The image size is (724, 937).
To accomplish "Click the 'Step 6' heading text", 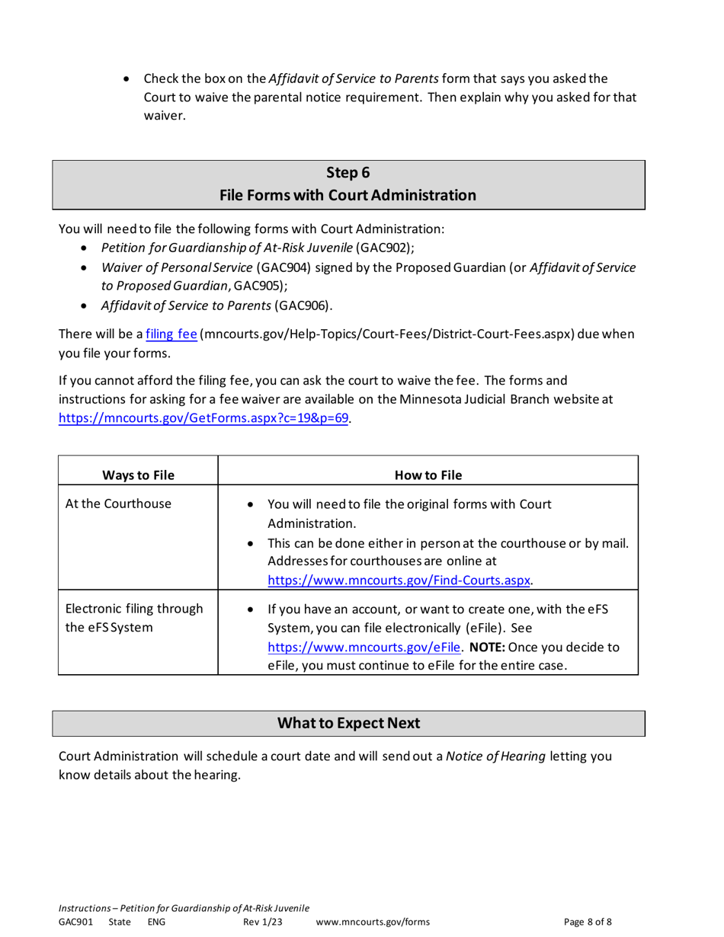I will click(348, 174).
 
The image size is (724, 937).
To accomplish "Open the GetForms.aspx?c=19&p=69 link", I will click(205, 418).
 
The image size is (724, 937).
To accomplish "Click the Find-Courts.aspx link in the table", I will click(399, 580).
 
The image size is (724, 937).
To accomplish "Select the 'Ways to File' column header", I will click(138, 476).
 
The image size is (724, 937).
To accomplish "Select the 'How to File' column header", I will click(428, 476).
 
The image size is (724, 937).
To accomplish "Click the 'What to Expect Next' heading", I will click(348, 723).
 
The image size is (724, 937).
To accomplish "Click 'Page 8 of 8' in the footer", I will click(588, 922).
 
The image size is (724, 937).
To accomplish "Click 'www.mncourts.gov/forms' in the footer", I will click(372, 922).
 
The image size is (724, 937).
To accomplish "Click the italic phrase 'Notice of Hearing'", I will click(495, 756).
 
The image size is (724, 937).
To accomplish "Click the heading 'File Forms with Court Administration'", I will click(348, 196).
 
